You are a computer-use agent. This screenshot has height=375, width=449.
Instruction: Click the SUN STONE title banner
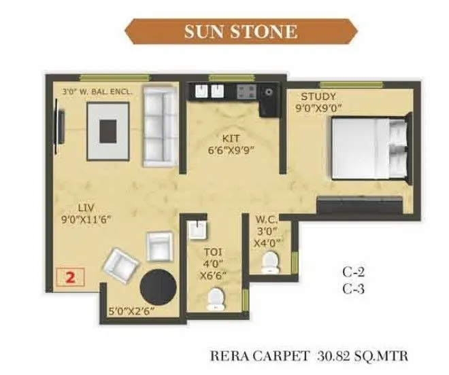242,32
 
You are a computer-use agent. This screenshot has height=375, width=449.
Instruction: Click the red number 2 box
70,277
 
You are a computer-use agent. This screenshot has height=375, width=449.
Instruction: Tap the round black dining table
159,287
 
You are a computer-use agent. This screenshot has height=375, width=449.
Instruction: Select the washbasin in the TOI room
197,231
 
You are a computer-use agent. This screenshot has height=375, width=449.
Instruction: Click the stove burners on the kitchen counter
246,92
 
